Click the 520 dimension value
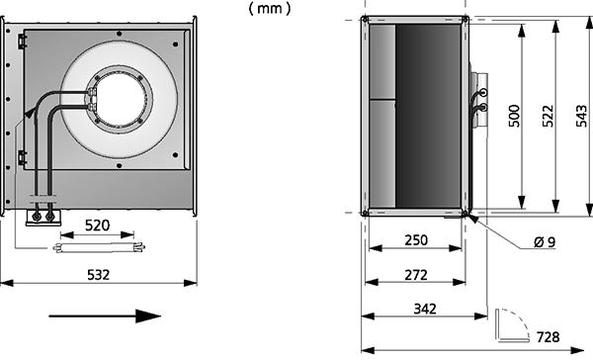pyautogui.click(x=97, y=225)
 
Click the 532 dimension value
pyautogui.click(x=98, y=274)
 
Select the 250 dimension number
pyautogui.click(x=416, y=240)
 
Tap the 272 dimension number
pyautogui.click(x=416, y=274)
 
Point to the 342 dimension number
pyautogui.click(x=425, y=309)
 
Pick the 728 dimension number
pyautogui.click(x=548, y=337)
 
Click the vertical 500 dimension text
pyautogui.click(x=514, y=116)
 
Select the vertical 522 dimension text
pyautogui.click(x=548, y=116)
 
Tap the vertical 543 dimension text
pyautogui.click(x=582, y=116)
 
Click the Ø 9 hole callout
pyautogui.click(x=545, y=241)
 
